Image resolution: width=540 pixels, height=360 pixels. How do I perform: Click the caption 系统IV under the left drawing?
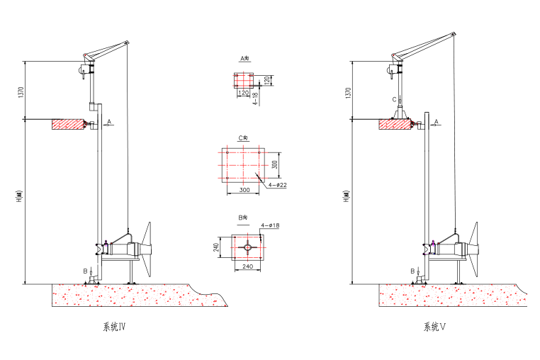tap(114, 327)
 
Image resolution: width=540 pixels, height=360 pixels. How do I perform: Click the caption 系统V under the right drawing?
tap(434, 327)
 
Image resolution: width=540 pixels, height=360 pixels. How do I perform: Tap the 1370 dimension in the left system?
tap(22, 92)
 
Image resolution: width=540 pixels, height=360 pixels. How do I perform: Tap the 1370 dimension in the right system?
tap(347, 92)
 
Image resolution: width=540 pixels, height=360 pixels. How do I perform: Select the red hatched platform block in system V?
tap(394, 125)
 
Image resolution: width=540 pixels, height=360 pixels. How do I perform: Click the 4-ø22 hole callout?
tap(277, 185)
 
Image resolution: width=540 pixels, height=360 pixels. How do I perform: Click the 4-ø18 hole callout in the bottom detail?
tap(271, 225)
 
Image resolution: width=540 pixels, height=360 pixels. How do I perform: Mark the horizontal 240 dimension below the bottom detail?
tap(248, 266)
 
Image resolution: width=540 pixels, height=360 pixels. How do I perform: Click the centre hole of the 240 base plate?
tap(247, 247)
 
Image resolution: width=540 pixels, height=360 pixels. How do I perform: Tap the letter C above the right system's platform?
tap(394, 99)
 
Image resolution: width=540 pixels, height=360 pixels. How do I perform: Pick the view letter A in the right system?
tap(437, 122)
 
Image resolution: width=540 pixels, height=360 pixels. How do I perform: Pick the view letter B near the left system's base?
tap(85, 271)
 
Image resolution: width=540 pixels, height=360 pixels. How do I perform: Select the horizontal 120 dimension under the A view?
tap(243, 93)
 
